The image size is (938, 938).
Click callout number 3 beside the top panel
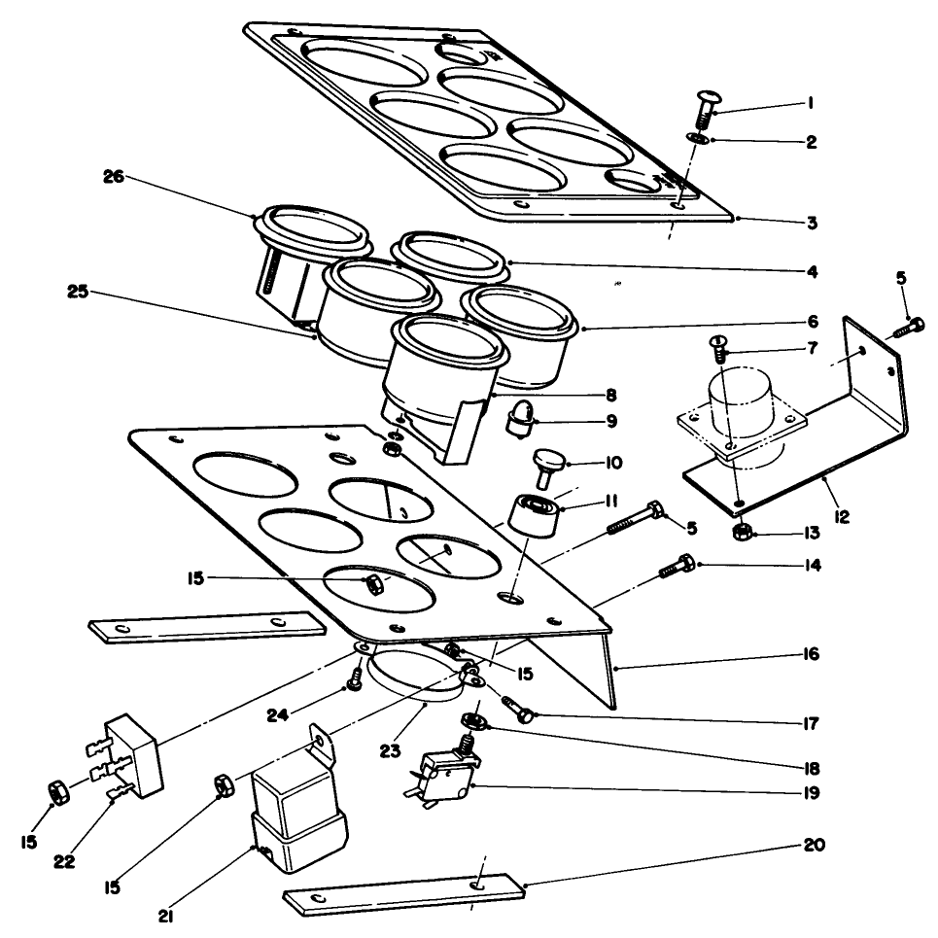[x=811, y=223]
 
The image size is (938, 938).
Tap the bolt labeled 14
[x=675, y=567]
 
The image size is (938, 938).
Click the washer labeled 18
[x=476, y=721]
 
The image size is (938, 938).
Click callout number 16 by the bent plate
[x=811, y=653]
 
